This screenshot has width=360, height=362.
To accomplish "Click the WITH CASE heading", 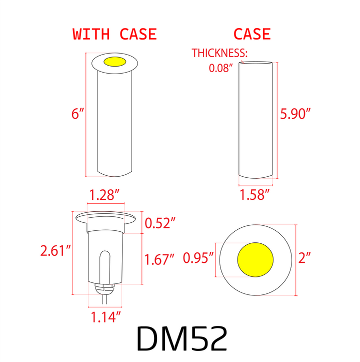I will pos(114,34).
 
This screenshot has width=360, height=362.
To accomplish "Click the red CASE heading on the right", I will pos(252,34).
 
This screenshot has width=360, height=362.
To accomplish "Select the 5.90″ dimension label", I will pos(295,114).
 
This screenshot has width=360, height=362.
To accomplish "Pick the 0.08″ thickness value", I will pos(221,68).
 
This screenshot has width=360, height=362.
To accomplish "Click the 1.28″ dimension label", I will pos(106,195).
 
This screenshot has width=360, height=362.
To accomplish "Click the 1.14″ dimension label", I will pos(106,316).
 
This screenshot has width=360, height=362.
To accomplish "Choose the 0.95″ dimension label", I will pos(198,258).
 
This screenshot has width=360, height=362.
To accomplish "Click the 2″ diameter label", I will pos(304,258).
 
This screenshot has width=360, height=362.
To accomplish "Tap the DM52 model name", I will pos(181,339).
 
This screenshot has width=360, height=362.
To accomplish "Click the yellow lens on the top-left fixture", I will pos(114,62).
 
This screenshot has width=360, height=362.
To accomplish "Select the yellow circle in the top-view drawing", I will pos(255,259).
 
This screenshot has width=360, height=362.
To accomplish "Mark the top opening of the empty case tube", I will pos(255,63).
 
